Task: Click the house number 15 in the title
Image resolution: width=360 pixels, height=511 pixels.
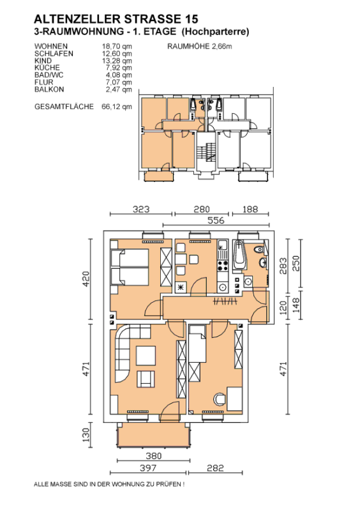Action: click(191, 19)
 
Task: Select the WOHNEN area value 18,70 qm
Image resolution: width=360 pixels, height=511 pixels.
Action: click(117, 46)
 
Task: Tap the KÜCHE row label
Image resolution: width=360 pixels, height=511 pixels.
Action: click(47, 68)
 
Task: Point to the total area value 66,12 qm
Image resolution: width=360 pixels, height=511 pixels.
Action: click(117, 106)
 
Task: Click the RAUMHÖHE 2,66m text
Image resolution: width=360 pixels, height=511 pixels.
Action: click(200, 46)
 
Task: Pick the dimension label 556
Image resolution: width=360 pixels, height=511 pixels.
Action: click(216, 220)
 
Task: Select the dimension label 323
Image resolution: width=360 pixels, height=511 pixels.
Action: click(140, 210)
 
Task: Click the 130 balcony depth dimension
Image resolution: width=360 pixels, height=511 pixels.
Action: click(86, 435)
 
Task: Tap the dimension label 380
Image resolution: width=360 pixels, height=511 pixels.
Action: click(153, 455)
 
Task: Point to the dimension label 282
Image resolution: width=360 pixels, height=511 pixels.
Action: click(215, 468)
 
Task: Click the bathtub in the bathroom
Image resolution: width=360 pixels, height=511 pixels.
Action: click(239, 255)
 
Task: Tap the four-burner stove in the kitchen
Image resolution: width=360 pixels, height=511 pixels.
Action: click(223, 265)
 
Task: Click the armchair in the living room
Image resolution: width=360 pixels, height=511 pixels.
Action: click(146, 379)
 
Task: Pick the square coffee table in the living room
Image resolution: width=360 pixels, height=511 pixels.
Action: click(146, 356)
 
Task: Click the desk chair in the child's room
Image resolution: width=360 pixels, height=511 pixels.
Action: click(220, 399)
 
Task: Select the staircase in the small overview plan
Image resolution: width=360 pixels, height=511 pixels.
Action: click(206, 152)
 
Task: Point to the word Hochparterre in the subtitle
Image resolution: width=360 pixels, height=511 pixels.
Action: click(215, 32)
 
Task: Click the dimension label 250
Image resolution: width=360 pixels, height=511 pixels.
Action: click(296, 263)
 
